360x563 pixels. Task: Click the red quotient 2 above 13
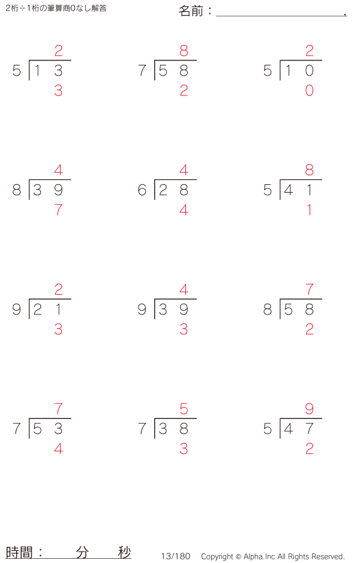[59, 50]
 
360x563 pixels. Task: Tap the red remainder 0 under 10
[310, 91]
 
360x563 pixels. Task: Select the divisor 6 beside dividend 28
[142, 190]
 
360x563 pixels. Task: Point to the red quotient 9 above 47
[310, 409]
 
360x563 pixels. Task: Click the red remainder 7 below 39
[59, 209]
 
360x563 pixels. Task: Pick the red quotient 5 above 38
[184, 409]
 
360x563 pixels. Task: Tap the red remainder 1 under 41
[310, 209]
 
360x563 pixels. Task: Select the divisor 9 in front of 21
[17, 309]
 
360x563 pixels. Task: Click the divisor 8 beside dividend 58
[268, 309]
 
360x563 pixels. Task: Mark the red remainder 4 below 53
[59, 448]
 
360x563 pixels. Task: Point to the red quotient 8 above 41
[310, 170]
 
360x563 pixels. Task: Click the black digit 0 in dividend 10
[310, 71]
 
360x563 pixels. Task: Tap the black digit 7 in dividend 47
[310, 429]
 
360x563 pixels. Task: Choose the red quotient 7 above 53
[59, 409]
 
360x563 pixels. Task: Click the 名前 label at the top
[191, 11]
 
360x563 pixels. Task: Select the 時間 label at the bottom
[19, 552]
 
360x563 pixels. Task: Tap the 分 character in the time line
[82, 552]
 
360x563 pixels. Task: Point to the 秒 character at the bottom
[125, 552]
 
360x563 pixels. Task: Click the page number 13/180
[176, 556]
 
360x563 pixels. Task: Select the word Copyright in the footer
[217, 556]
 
